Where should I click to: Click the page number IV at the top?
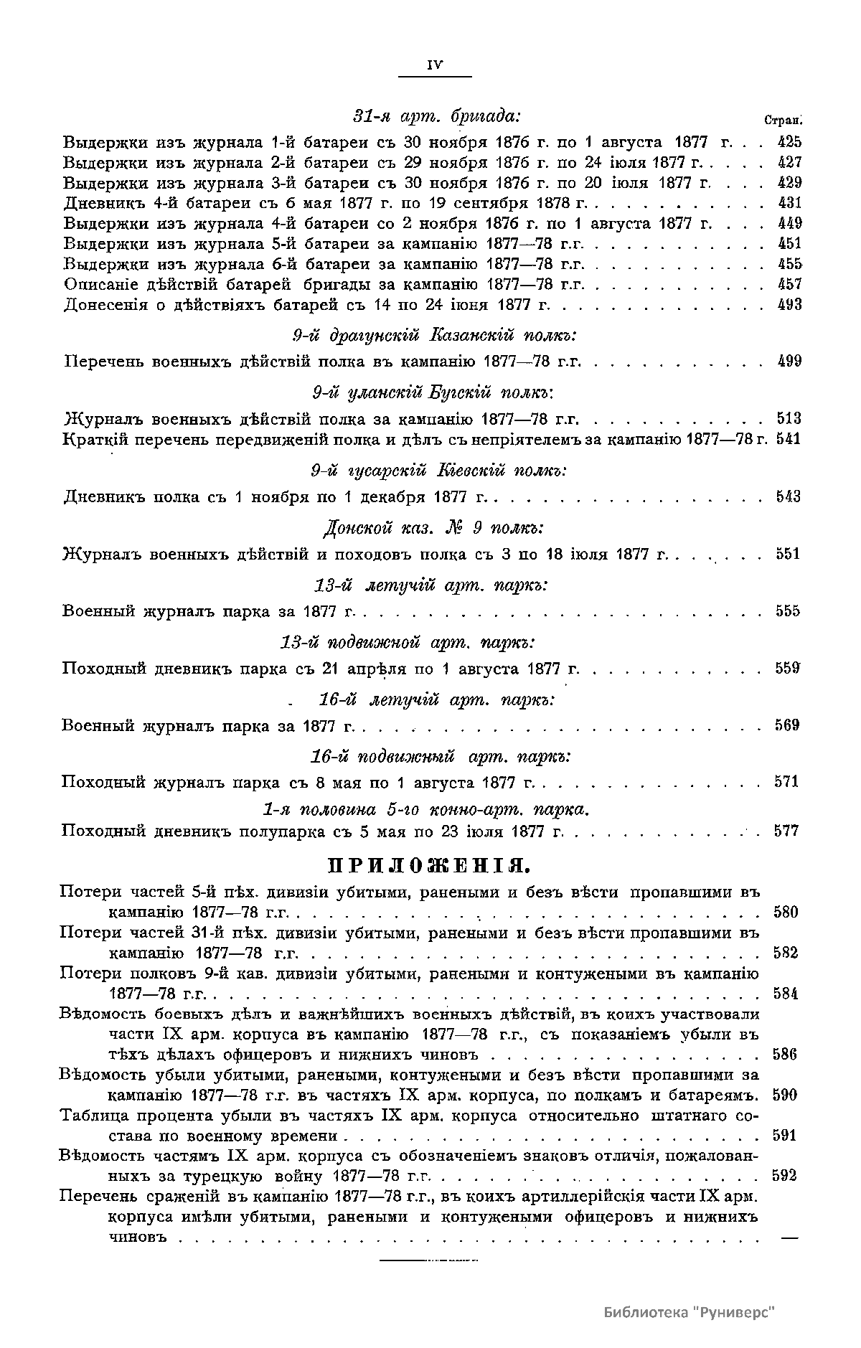[435, 65]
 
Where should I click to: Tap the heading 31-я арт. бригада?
[436, 116]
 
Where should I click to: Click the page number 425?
[790, 141]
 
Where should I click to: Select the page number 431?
[790, 202]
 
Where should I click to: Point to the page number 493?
[790, 304]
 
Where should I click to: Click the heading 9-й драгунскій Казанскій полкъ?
[436, 336]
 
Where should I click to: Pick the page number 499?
[790, 361]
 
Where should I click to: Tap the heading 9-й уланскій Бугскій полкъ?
[436, 392]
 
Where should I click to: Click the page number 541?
[789, 438]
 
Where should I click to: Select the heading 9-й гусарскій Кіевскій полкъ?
[438, 471]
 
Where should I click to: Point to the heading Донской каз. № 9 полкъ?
[433, 528]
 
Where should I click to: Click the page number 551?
[789, 554]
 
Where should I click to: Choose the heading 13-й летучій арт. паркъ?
[431, 585]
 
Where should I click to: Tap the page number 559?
[787, 669]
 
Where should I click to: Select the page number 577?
[787, 831]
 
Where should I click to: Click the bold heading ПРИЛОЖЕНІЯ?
[429, 865]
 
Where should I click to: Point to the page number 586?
[785, 1055]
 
